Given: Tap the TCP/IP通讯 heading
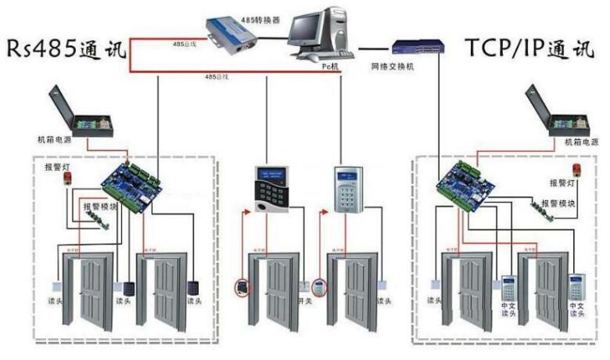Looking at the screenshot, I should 529,48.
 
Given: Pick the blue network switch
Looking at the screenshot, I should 417,49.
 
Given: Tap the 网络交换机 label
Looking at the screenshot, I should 392,67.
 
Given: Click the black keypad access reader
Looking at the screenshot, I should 271,189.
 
